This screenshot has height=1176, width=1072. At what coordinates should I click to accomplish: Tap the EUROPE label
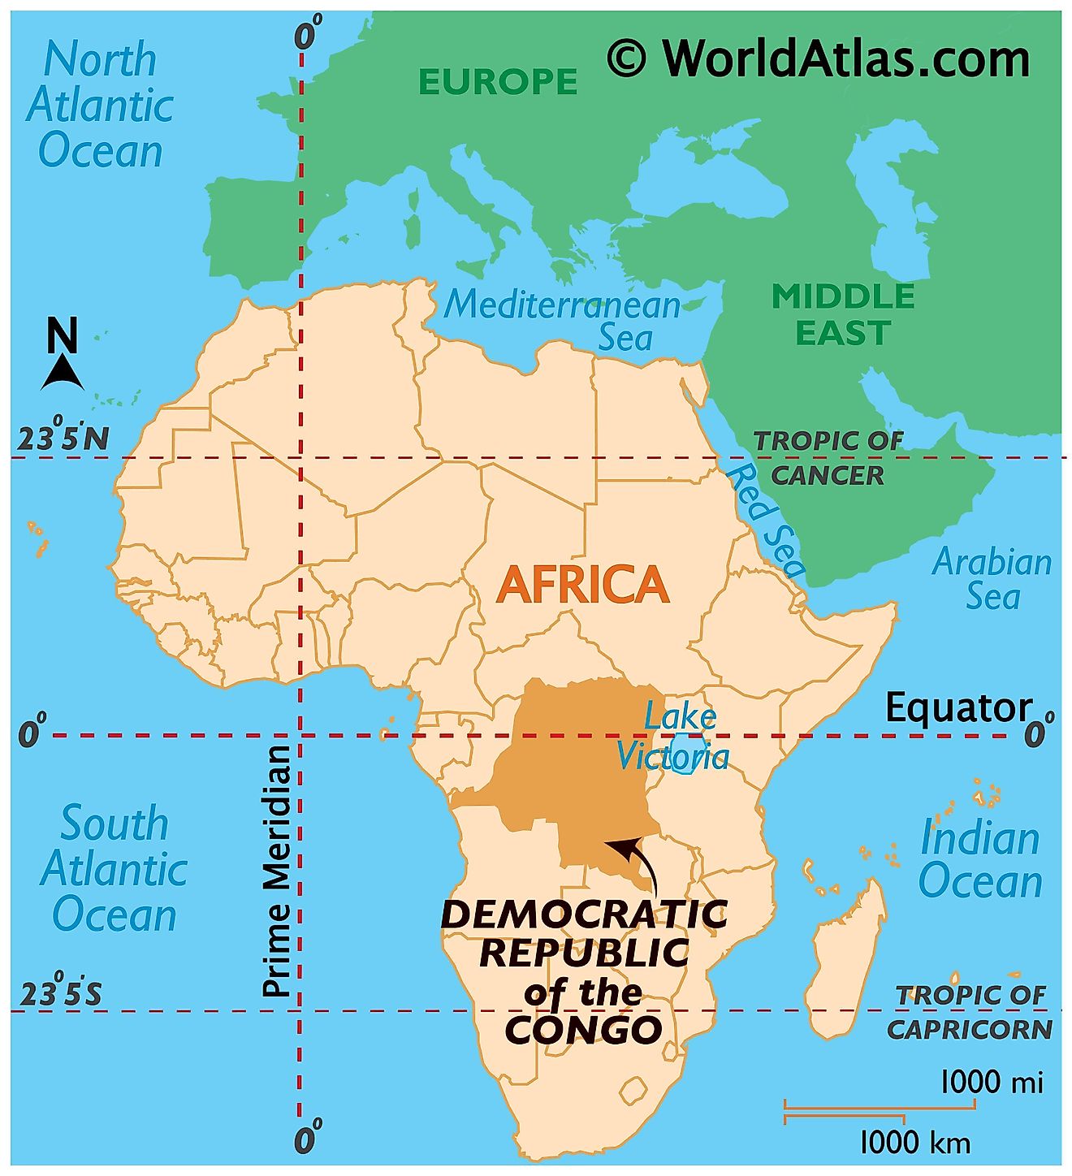click(497, 82)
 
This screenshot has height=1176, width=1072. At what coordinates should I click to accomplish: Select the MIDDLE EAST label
click(843, 315)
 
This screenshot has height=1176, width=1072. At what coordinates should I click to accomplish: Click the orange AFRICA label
click(582, 585)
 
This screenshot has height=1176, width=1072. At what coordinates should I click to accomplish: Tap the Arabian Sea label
click(992, 579)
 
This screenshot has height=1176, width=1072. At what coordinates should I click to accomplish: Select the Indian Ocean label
click(980, 859)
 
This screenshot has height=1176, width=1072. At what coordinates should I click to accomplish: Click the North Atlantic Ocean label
click(99, 106)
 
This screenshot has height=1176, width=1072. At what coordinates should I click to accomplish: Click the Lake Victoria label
click(672, 737)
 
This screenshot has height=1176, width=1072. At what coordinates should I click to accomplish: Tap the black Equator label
click(957, 707)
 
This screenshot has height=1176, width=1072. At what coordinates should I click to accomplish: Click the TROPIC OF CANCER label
click(828, 458)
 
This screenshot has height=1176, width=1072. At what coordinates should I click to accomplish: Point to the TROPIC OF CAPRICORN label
click(970, 1012)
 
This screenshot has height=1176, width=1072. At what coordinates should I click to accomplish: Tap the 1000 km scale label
click(914, 1143)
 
